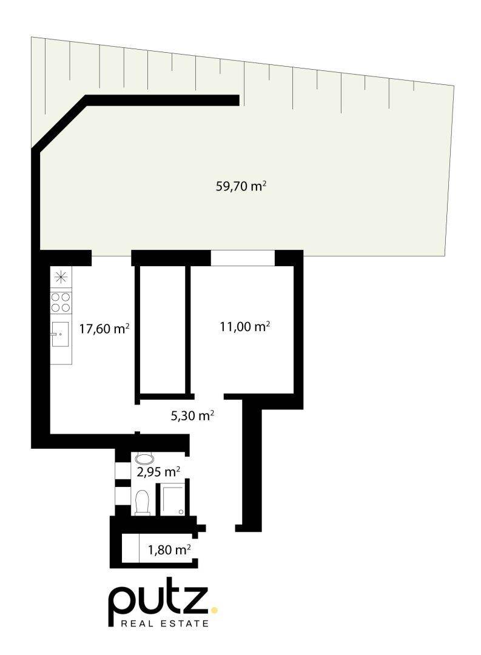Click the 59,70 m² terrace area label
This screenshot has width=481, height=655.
[241, 186]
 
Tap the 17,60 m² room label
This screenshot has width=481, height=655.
[104, 329]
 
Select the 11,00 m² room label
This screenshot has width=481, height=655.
[244, 326]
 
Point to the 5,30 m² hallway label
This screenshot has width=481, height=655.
[193, 415]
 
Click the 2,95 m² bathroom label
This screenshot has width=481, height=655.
[158, 472]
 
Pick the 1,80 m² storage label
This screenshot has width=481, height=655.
[169, 549]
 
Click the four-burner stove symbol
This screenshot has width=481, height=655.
[61, 303]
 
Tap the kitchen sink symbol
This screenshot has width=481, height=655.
[60, 334]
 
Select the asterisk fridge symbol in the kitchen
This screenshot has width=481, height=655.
[61, 277]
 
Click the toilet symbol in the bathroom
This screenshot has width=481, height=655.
[143, 503]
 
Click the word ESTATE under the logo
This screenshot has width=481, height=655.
[186, 623]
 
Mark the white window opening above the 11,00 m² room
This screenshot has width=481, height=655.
[243, 258]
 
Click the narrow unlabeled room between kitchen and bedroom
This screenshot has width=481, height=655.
[163, 329]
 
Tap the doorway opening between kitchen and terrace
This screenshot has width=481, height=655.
[112, 258]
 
